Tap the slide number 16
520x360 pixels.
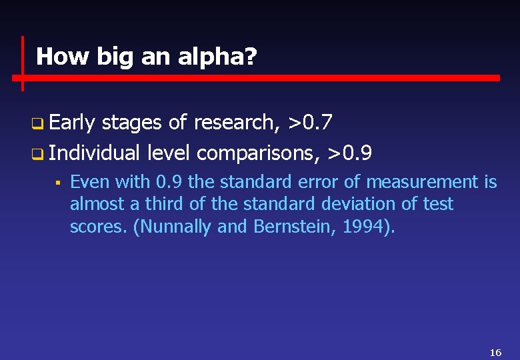[495, 352]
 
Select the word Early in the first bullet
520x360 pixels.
[71, 123]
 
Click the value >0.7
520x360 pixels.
[310, 123]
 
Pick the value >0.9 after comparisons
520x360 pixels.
[349, 153]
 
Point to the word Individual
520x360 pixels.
[94, 153]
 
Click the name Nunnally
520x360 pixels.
[177, 227]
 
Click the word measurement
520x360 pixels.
[421, 182]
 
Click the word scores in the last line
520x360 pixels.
[99, 227]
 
